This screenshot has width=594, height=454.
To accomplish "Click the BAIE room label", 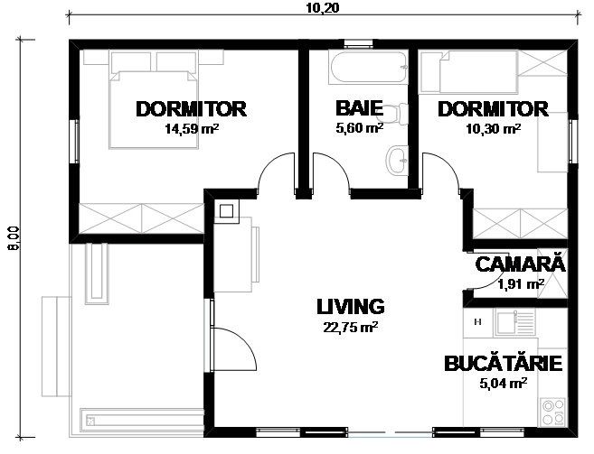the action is click(359, 108).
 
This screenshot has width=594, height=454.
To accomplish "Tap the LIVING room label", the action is click(351, 307).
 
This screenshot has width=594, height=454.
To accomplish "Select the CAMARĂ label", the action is click(520, 264).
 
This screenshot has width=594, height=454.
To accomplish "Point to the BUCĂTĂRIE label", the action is click(503, 363).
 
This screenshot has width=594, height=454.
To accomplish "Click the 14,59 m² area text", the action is click(192, 129).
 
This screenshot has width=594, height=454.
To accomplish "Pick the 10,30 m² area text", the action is click(494, 129).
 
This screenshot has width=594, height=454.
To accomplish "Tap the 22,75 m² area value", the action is click(351, 327).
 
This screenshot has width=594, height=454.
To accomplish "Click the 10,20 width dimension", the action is click(323, 7).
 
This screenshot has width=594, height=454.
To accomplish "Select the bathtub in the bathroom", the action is click(368, 67).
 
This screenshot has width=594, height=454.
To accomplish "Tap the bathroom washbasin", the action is click(397, 160).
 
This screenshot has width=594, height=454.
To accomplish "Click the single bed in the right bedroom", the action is click(469, 72).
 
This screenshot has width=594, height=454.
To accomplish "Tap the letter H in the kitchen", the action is click(477, 322).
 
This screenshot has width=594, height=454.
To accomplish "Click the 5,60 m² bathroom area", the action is click(359, 128).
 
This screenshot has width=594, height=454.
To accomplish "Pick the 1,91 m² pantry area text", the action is click(522, 283).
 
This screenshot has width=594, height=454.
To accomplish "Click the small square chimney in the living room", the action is click(226, 210).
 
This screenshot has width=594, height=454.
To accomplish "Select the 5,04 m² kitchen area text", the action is click(503, 384).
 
